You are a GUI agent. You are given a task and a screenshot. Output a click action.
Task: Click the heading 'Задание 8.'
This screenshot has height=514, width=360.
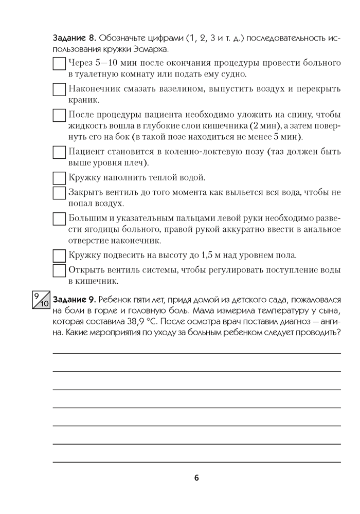coord(75,39)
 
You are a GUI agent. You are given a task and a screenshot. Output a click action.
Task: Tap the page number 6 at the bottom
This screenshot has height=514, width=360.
coord(196,478)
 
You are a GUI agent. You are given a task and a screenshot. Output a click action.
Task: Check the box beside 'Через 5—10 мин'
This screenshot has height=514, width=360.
coord(60,64)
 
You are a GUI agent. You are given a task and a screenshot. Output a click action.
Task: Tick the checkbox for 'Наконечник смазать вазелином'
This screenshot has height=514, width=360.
coord(60,89)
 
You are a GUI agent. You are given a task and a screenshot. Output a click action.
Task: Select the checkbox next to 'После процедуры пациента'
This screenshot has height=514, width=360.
coord(60,115)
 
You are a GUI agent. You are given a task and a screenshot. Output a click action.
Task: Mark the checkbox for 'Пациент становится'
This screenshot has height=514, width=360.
coord(60,153)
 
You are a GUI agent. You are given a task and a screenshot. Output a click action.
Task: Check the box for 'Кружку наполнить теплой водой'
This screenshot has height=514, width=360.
coord(60,178)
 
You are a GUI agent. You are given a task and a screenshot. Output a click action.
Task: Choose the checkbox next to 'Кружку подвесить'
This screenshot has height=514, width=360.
coord(60,255)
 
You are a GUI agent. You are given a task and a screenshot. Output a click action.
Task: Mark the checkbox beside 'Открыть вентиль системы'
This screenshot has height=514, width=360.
coord(60,270)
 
